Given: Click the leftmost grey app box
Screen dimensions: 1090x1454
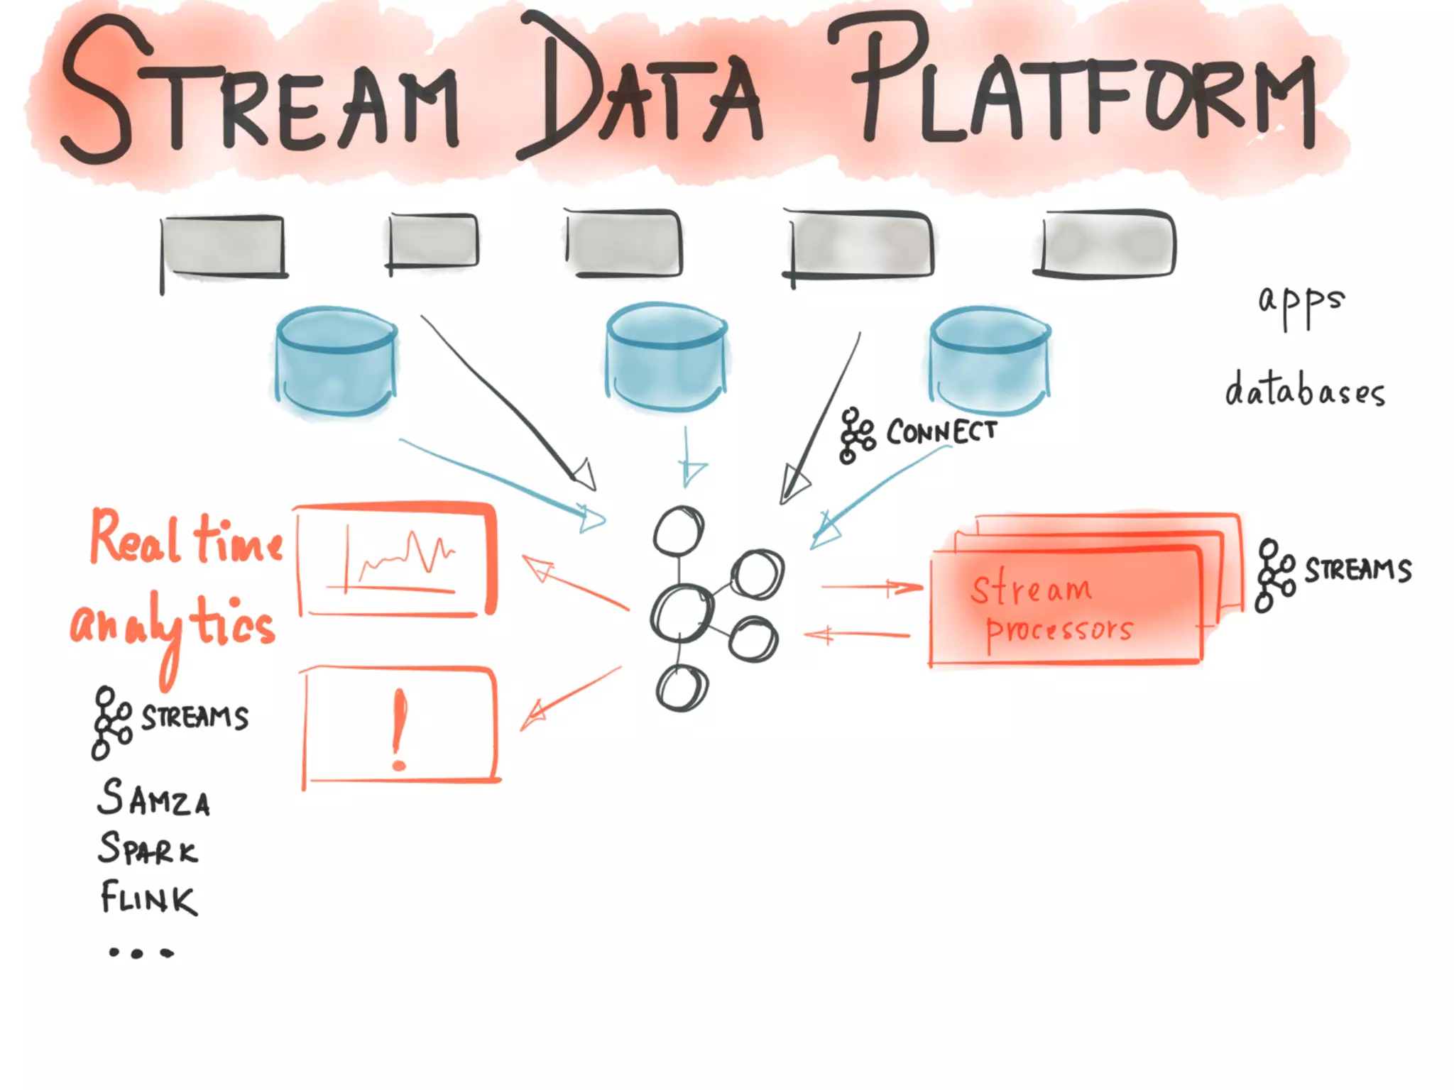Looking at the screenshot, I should pos(223,245).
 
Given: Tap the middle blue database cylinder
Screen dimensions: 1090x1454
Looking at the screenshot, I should pos(666,358).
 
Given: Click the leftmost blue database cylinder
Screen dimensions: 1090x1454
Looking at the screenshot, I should pos(336,362).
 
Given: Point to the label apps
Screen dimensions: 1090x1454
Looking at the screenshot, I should pos(1301,302).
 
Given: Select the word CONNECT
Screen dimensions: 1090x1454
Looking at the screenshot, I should pos(941,431).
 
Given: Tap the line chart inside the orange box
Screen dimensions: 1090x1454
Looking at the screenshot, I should pos(401,561).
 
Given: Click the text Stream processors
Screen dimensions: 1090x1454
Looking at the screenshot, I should pos(1051,609).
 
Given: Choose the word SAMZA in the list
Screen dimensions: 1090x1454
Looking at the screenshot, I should pos(153,798).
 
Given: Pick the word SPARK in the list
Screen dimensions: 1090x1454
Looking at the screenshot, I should pos(148,849).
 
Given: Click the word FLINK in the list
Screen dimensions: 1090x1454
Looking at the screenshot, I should pos(148,898).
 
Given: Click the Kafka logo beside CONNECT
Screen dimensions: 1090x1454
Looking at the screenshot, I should pos(856,435).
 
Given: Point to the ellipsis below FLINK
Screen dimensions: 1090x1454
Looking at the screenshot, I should pos(141,953).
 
